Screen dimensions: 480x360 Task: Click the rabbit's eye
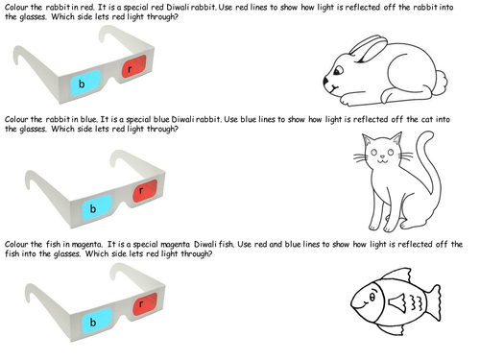point(338,70)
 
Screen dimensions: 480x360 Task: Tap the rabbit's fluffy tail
point(441,83)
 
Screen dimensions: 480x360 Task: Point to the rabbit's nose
point(325,81)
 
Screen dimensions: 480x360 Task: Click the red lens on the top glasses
point(133,66)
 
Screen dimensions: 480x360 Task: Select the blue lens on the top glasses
point(85,83)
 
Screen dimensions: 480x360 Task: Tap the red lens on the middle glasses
point(145,191)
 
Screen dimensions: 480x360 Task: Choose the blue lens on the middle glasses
point(97,207)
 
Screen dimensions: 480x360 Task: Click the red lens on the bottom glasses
point(145,304)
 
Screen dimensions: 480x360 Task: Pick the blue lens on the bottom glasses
point(97,321)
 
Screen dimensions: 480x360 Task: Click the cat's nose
point(382,156)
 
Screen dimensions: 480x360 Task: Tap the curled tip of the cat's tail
point(427,134)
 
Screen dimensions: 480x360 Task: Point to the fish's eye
point(372,298)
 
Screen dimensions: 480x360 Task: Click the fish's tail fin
point(432,302)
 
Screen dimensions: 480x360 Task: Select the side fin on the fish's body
point(397,303)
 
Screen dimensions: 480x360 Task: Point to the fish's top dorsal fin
point(396,275)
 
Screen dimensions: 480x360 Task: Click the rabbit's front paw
point(348,100)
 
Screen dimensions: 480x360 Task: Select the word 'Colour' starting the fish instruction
point(16,245)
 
